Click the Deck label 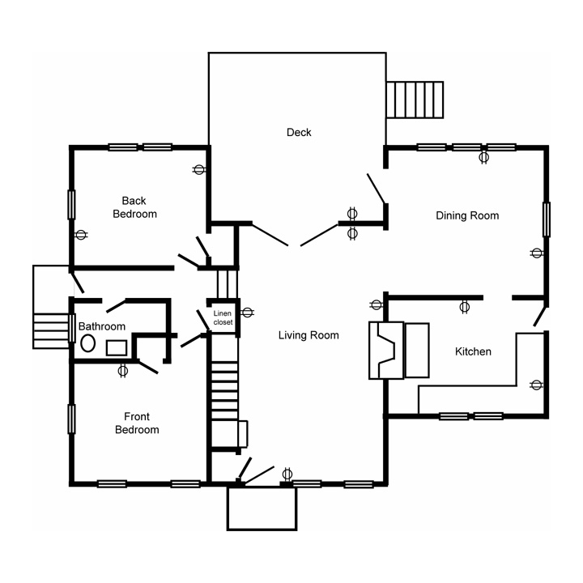click(299, 132)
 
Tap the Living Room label click(309, 335)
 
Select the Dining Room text click(467, 215)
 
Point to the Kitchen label click(473, 351)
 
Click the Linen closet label click(223, 318)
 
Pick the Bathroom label click(102, 326)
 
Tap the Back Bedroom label click(134, 207)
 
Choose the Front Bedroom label click(137, 423)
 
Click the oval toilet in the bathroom click(87, 343)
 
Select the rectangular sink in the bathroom click(117, 347)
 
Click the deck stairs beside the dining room click(415, 100)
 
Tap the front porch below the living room click(262, 509)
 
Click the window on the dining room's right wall click(547, 219)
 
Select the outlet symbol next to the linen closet click(247, 312)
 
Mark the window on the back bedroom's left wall click(71, 205)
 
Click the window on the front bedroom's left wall click(71, 419)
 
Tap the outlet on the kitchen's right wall click(536, 385)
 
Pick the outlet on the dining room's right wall click(536, 253)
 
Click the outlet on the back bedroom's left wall click(81, 235)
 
